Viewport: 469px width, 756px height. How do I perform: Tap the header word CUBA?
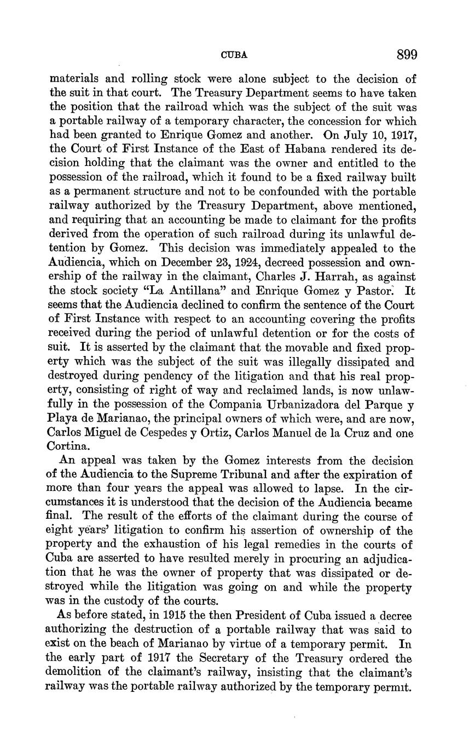pyautogui.click(x=234, y=55)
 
